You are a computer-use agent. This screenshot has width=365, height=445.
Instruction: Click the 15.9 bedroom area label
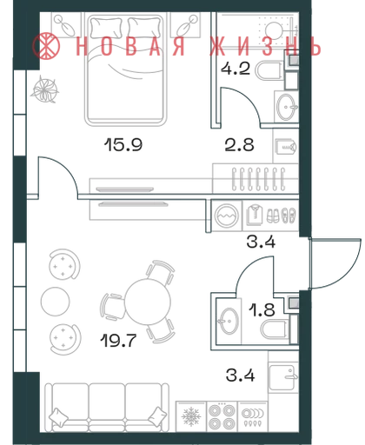click(x=123, y=144)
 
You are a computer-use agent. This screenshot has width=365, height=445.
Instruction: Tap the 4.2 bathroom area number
click(x=236, y=69)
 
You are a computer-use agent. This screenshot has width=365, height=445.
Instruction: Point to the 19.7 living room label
click(x=118, y=341)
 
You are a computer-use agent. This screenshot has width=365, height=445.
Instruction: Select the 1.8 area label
click(x=262, y=309)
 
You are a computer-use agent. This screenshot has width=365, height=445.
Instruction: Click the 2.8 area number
click(x=239, y=144)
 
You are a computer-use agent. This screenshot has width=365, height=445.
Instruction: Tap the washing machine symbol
click(x=227, y=216)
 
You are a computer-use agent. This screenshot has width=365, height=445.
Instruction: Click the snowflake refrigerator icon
click(x=191, y=417)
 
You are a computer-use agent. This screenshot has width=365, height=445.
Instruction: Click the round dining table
click(x=148, y=302)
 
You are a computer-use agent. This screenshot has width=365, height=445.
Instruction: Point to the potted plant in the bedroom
click(x=44, y=90)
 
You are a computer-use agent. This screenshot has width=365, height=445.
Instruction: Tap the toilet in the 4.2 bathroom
click(x=269, y=70)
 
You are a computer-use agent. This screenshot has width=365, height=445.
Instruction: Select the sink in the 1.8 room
click(x=229, y=321)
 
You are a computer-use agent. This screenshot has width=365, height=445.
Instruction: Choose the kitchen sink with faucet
click(x=283, y=377)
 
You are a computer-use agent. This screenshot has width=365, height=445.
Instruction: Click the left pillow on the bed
click(x=106, y=28)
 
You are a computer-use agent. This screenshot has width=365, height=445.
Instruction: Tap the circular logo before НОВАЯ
click(x=46, y=46)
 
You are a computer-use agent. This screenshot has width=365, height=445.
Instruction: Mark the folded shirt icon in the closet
click(x=255, y=215)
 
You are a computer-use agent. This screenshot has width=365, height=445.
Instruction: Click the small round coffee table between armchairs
click(x=56, y=302)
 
